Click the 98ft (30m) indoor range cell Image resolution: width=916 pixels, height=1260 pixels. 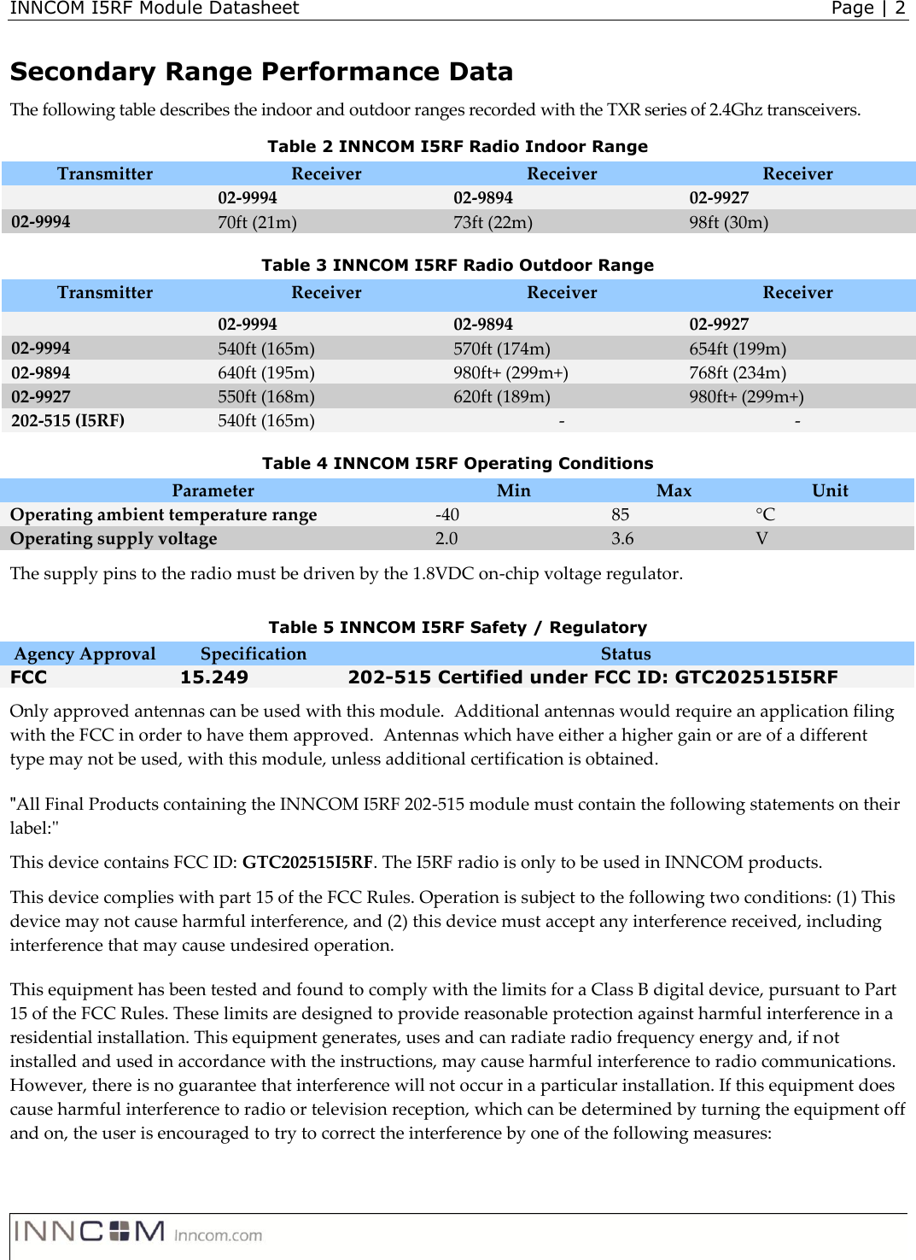[728, 222]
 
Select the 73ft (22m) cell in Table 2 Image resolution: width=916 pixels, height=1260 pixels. [493, 222]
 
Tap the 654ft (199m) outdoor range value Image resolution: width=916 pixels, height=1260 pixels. [738, 349]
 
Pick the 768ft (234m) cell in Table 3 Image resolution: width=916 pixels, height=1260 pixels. [738, 372]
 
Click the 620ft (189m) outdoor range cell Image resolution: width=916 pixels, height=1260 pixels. [501, 396]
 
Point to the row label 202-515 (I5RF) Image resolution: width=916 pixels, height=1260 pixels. [67, 420]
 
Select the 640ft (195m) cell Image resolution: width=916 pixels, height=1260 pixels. [265, 372]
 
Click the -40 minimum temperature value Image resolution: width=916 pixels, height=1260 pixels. [446, 514]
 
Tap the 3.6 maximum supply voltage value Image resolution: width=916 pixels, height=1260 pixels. [622, 538]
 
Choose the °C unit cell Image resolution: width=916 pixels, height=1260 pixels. [765, 514]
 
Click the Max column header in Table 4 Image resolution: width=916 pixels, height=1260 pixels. [674, 490]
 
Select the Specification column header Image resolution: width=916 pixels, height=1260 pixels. [253, 653]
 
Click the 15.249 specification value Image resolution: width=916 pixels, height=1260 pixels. [213, 677]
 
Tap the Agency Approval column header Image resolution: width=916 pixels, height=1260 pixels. [85, 653]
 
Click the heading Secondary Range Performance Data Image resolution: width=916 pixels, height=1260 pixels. [261, 72]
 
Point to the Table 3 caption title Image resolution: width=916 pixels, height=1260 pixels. [458, 265]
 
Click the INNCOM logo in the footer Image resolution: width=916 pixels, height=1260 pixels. [90, 1231]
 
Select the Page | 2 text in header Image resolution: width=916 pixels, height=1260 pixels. [867, 9]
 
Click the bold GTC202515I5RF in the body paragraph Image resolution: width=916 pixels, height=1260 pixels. [307, 862]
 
